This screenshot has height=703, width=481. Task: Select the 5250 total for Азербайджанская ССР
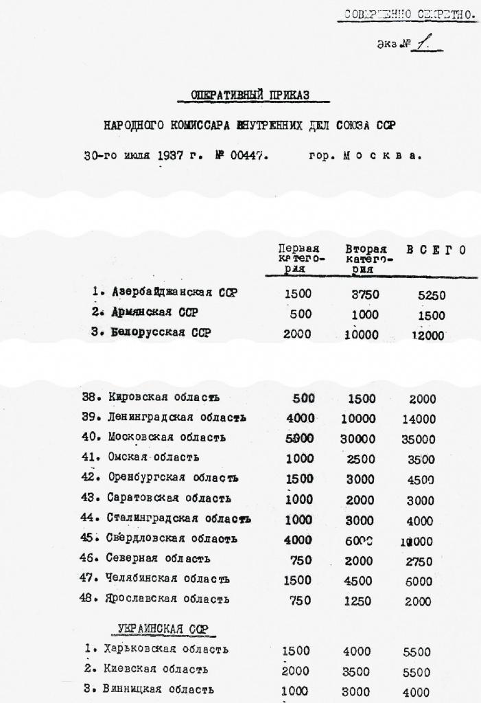click(432, 295)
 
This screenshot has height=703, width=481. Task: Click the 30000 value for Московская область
click(357, 439)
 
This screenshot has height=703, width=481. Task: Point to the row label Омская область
click(154, 457)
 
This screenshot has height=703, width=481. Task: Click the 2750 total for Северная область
click(419, 560)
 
